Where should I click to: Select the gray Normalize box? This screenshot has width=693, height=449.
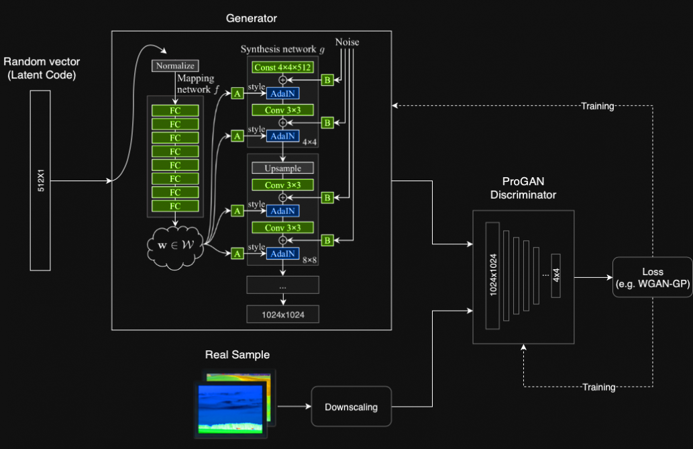[174, 66]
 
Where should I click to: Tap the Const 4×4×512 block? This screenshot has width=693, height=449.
[282, 67]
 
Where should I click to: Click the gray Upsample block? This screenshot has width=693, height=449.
[282, 168]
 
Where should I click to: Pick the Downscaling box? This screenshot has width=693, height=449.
[351, 407]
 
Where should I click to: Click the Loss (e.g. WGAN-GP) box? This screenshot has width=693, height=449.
[652, 277]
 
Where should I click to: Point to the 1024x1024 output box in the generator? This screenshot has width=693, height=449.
[282, 314]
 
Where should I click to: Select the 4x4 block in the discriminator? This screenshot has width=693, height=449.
[555, 276]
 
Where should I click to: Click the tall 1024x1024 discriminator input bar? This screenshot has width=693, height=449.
[492, 275]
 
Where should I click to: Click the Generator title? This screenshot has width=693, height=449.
[252, 19]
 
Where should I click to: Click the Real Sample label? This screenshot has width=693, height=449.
[237, 354]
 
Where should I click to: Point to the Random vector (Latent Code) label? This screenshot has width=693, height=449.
[41, 68]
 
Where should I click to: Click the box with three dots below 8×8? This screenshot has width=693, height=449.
[282, 285]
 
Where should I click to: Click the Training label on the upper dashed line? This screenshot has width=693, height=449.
[598, 106]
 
